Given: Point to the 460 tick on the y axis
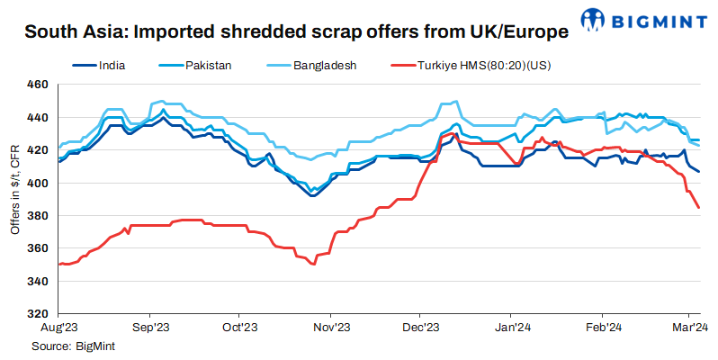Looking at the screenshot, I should pos(36,85).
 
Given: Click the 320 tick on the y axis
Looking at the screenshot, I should pos(36,314).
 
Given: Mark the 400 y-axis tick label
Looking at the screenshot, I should pos(36,183).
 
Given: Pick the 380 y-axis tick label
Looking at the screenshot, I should pos(36,216).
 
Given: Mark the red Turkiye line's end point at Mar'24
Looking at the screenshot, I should pos(700,208).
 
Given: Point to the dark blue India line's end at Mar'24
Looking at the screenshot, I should pos(700,172).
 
